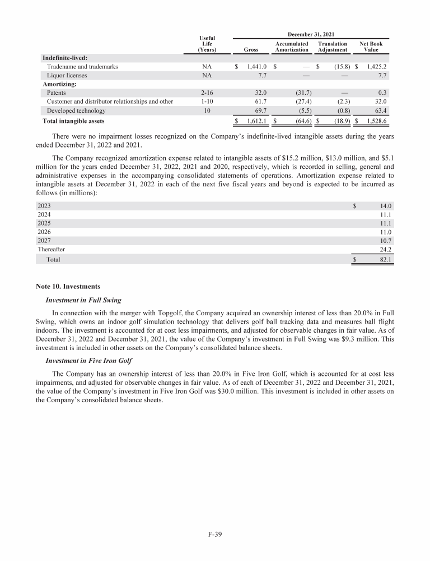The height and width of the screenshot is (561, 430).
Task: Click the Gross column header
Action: (x=251, y=49)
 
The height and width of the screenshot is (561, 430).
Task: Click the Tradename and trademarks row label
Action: (x=82, y=66)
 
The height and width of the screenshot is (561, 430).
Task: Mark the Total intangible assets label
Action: (x=73, y=121)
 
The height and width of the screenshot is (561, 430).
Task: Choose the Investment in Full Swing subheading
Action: (x=83, y=300)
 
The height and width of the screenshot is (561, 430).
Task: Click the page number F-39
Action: (x=215, y=534)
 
